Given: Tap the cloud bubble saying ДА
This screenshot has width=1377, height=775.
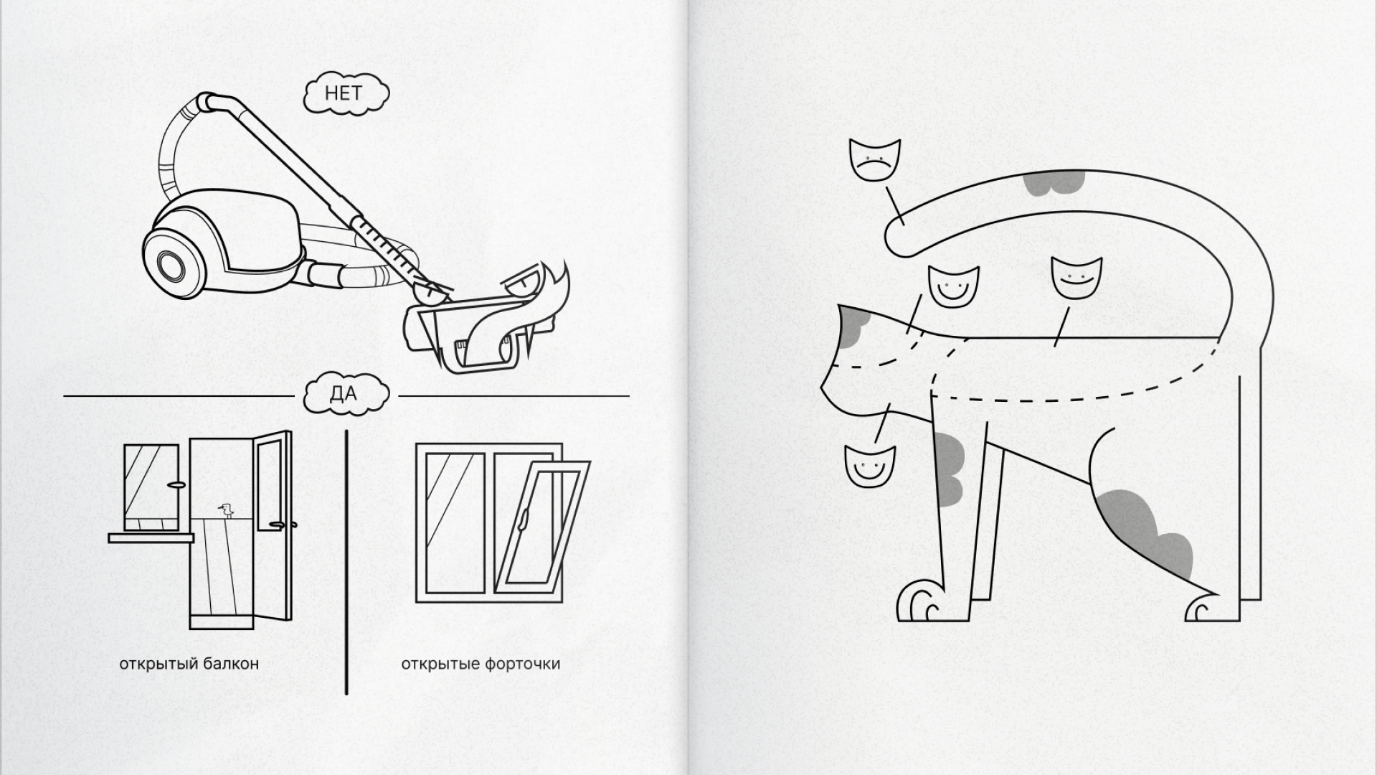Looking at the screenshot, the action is pyautogui.click(x=346, y=394).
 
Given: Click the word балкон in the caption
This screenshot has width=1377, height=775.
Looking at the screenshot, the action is pyautogui.click(x=231, y=663).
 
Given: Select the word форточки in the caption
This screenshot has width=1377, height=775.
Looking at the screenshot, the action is pyautogui.click(x=522, y=664).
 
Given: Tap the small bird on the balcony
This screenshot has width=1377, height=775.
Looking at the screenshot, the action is pyautogui.click(x=228, y=509).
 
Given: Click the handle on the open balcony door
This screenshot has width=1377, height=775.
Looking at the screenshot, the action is pyautogui.click(x=280, y=525).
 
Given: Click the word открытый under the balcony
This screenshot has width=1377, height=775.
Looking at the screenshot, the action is pyautogui.click(x=158, y=663).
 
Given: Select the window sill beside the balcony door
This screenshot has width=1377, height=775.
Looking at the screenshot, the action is pyautogui.click(x=151, y=537).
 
